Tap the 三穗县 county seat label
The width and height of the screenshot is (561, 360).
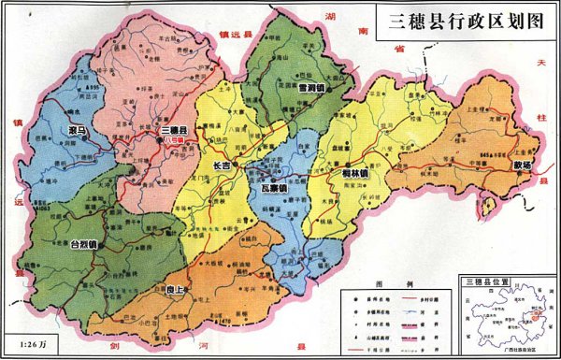tap(174, 129)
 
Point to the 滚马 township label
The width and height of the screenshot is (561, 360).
tap(79, 130)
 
